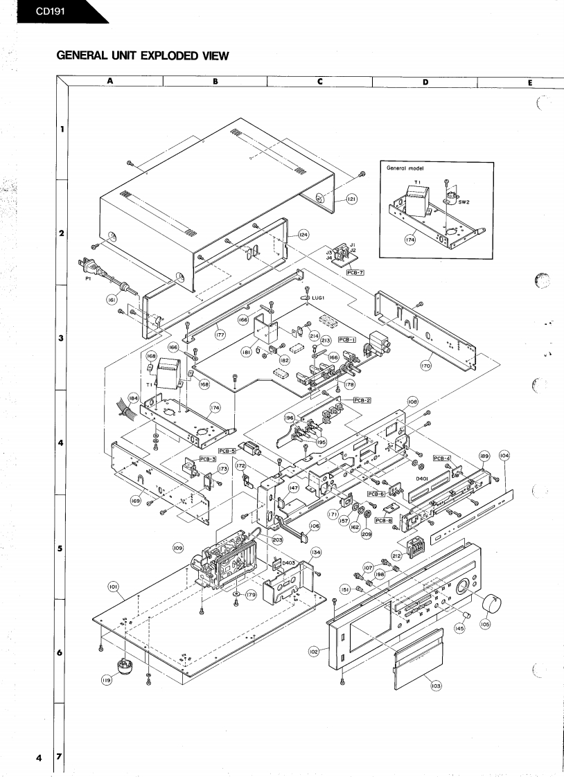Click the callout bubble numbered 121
tap(351, 199)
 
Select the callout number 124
tap(303, 235)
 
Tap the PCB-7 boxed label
tap(355, 273)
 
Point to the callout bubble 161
tap(112, 301)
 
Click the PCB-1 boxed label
tap(347, 340)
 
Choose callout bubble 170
tap(426, 365)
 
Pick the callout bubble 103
tap(436, 685)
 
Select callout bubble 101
tap(112, 587)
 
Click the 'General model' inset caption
tap(403, 168)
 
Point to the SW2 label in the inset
tap(464, 202)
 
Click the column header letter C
tap(320, 81)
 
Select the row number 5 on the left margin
tap(61, 548)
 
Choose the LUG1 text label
tap(319, 298)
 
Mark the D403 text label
tap(288, 562)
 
